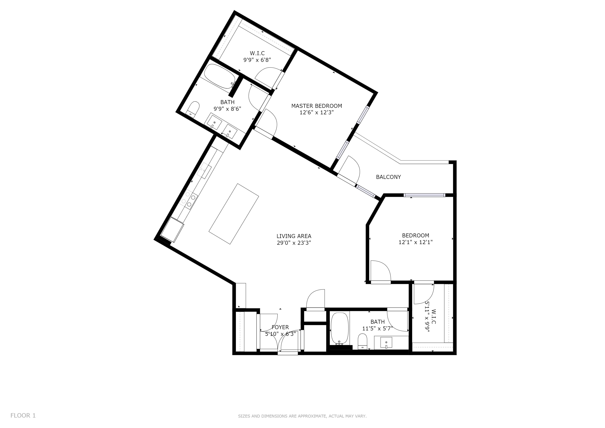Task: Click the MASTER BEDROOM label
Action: (316, 106)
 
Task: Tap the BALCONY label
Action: (388, 177)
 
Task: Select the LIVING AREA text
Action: (294, 236)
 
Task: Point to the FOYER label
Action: (280, 327)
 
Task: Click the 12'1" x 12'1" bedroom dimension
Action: (416, 242)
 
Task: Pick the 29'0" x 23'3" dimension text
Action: (294, 243)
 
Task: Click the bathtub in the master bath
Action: (220, 76)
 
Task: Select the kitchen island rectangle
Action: (234, 214)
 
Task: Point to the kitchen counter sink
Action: (204, 171)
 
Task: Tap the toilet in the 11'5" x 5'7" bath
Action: (363, 341)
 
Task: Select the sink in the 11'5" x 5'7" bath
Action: (386, 343)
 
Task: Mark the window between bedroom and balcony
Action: (425, 195)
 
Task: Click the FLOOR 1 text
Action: (23, 416)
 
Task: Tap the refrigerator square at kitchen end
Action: (172, 229)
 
